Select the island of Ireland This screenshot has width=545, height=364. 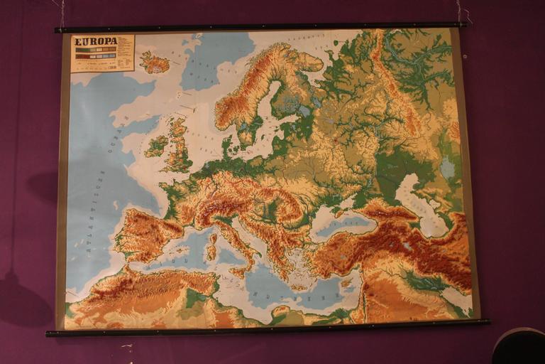click(x=156, y=146)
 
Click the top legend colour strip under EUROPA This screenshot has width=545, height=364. click(x=95, y=50)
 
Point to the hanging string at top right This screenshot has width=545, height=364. click(x=462, y=12)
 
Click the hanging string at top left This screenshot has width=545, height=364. click(x=62, y=13)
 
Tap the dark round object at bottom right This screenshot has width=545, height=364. click(x=519, y=346)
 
